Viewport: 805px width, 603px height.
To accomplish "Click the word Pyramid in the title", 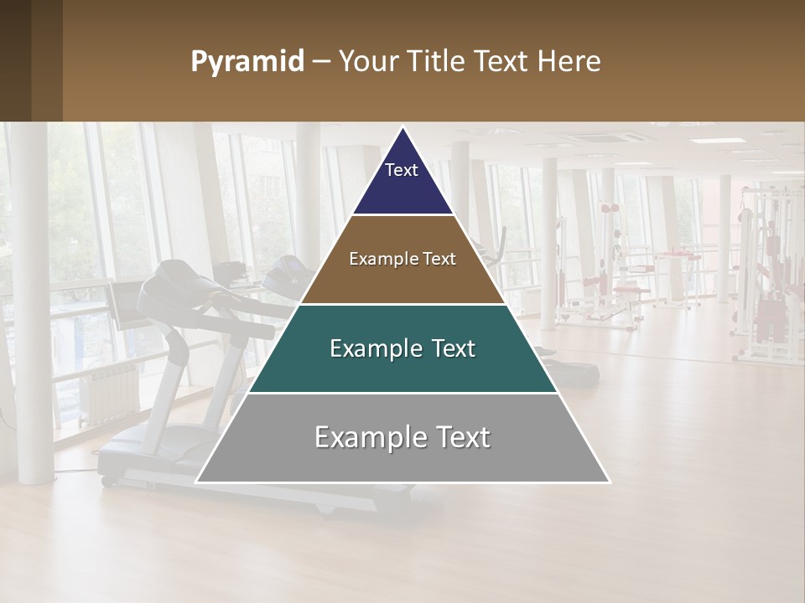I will [247, 62].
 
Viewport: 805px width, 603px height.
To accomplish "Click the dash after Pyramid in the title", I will [320, 62].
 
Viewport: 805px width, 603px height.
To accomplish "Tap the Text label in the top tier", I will [402, 170].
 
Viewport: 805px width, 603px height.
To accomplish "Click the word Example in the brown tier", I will [374, 259].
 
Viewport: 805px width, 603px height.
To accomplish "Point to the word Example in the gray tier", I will [356, 437].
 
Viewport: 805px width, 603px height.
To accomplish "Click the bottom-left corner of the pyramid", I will [196, 482].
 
